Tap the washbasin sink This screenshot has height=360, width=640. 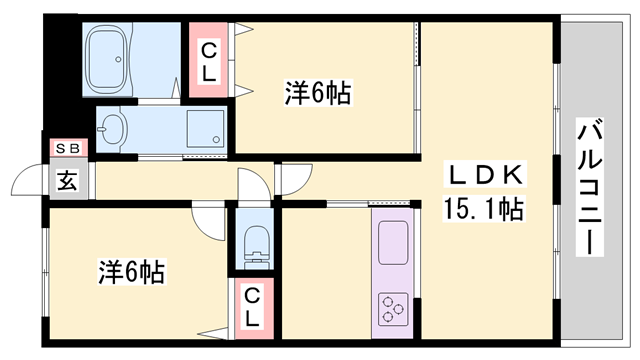tap(111, 129)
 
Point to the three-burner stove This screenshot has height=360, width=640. tap(393, 309)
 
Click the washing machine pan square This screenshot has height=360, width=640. tap(205, 129)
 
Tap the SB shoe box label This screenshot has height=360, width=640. tap(68, 148)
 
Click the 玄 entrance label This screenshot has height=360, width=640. tap(67, 180)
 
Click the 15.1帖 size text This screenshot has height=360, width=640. tap(483, 208)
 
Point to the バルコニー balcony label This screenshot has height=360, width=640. tap(589, 187)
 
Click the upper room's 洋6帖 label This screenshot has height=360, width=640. tap(318, 93)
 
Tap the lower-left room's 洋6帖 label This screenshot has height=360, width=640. tap(131, 272)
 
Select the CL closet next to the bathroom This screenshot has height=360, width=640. tap(209, 60)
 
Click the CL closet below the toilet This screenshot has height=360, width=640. tap(253, 308)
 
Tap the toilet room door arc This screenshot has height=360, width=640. tap(258, 178)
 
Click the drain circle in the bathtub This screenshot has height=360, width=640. tap(118, 59)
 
